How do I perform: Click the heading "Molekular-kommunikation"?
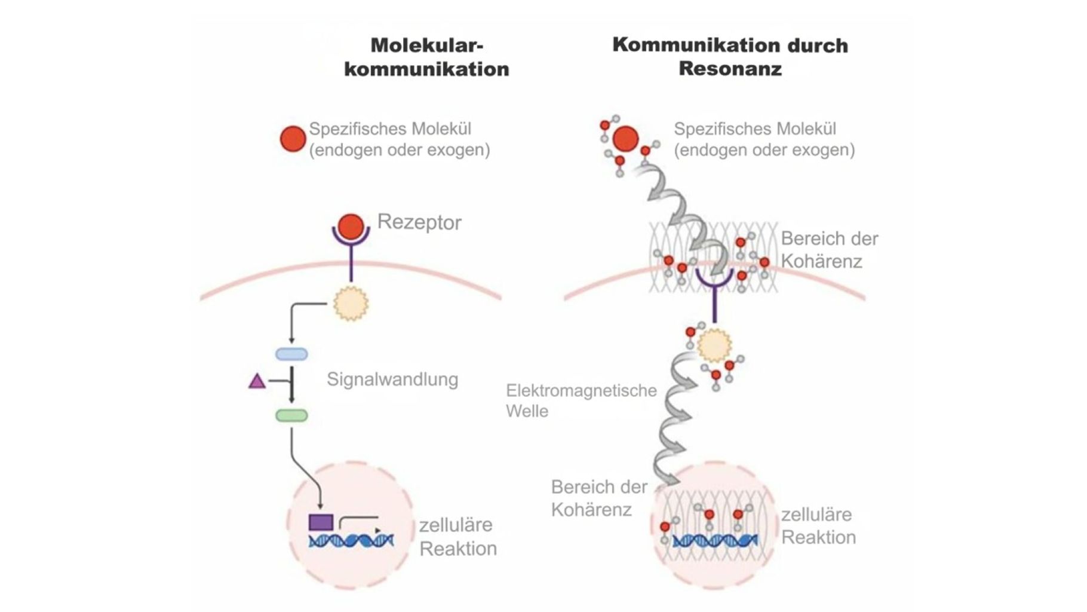tap(426, 57)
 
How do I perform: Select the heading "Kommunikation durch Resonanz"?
tap(730, 57)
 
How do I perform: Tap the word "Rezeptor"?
tap(419, 222)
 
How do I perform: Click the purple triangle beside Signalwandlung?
tap(257, 381)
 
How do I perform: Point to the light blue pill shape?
tap(291, 354)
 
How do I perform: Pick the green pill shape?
tap(291, 415)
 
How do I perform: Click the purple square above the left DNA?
tap(321, 522)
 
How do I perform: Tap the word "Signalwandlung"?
tap(392, 380)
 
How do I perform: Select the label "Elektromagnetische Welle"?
tap(581, 400)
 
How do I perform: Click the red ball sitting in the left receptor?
tap(351, 227)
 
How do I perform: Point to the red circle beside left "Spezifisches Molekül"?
tap(293, 139)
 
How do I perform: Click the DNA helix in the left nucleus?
tap(351, 541)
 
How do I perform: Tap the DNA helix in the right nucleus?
tap(715, 541)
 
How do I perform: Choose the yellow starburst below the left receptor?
tap(351, 304)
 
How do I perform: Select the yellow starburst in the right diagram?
tap(714, 345)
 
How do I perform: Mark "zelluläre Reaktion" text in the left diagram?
tap(457, 537)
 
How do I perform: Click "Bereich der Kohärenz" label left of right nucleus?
tap(598, 498)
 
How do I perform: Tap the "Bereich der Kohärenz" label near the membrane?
tap(829, 250)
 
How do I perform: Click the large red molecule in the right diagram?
tap(626, 139)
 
